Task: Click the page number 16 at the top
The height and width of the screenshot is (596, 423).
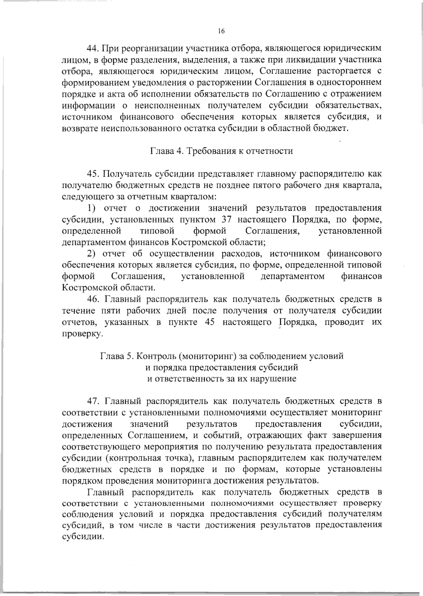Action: tap(221, 31)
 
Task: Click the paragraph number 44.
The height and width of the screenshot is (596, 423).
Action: tap(94, 48)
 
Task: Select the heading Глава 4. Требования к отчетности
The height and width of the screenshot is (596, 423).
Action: tap(222, 151)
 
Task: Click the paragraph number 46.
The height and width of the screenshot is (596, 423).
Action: tap(94, 299)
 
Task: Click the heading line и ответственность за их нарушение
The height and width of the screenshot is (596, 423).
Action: tap(221, 379)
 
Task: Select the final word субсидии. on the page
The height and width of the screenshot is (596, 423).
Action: tap(83, 536)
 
